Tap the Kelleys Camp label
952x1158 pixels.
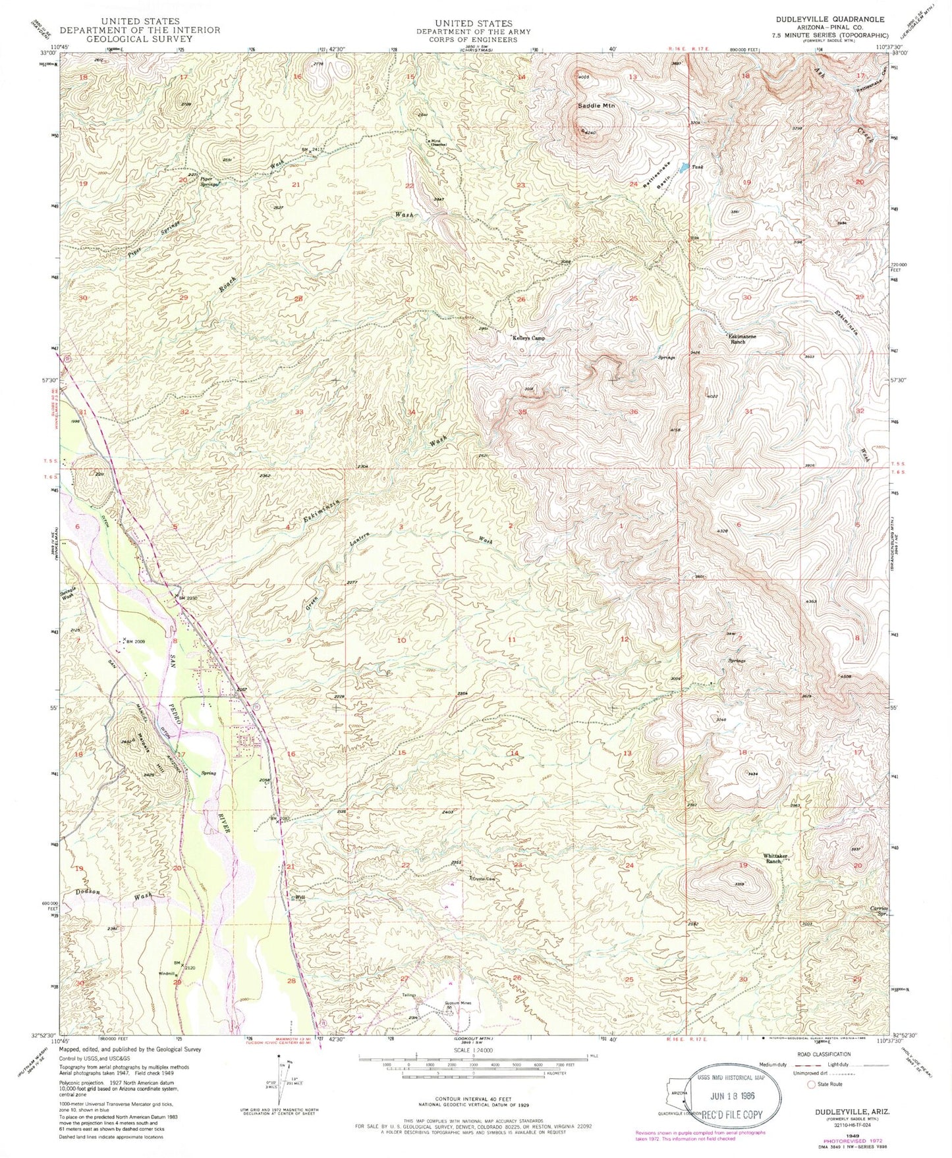529,338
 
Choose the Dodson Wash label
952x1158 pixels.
115,894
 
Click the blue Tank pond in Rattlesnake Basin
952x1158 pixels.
684,167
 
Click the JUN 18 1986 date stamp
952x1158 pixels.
733,1097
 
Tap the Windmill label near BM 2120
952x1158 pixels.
167,973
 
